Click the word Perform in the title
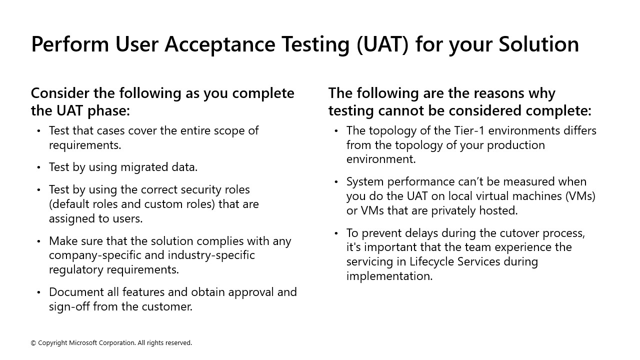[69, 44]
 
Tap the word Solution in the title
[538, 44]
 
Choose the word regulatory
[79, 269]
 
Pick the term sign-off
[69, 306]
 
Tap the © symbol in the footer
[33, 343]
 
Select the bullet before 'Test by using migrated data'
[39, 167]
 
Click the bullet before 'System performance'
[336, 182]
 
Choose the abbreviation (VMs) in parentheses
[580, 196]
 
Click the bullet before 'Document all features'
[39, 292]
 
